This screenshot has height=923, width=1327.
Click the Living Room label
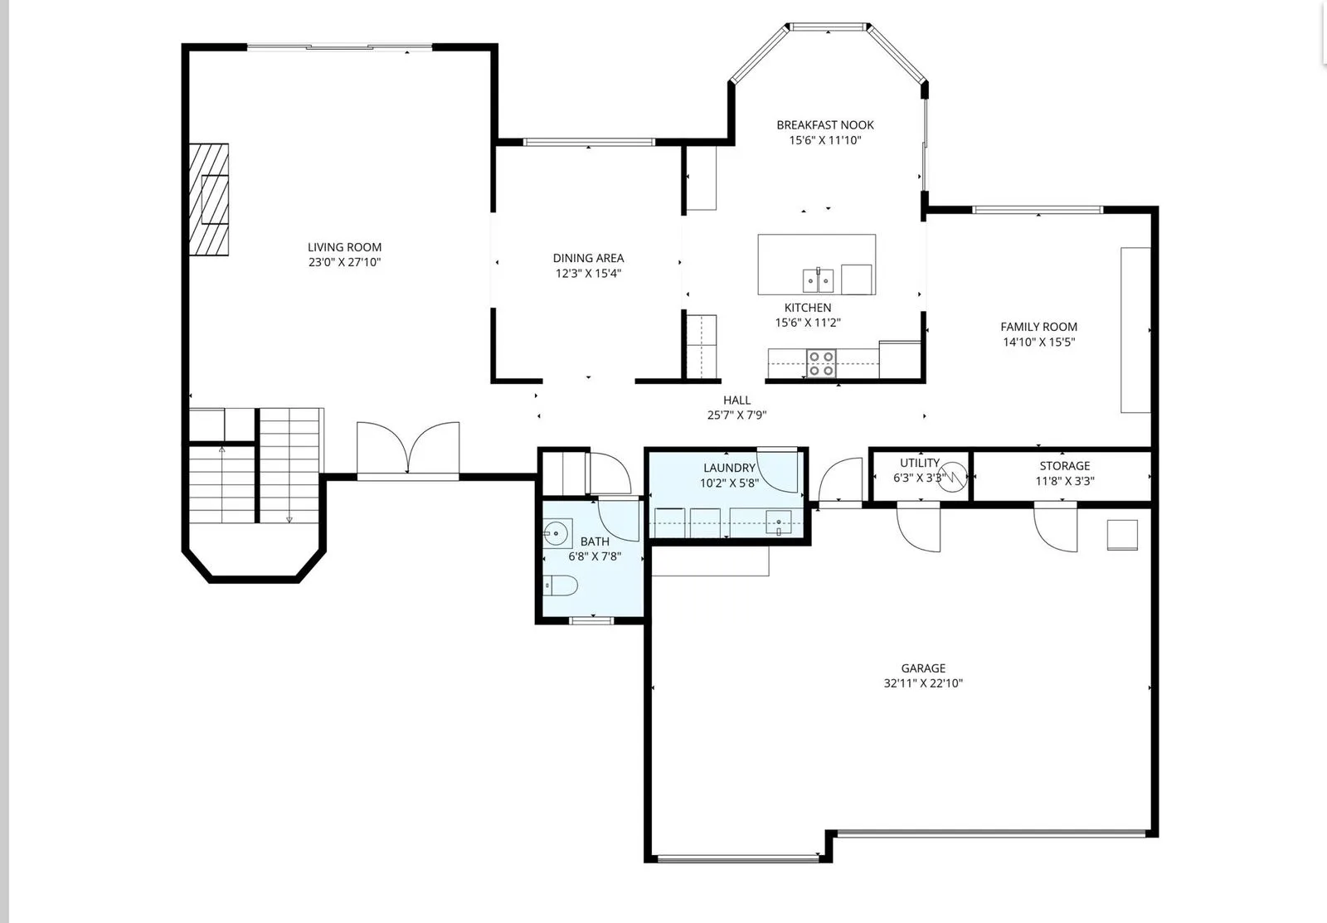(x=344, y=247)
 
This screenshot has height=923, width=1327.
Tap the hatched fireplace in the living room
(x=208, y=200)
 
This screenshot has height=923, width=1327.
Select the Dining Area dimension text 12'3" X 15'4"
(x=588, y=273)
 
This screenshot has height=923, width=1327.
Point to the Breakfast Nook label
(x=825, y=125)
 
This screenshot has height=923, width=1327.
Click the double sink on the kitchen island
(x=818, y=279)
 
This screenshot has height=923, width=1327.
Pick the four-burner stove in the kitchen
(x=821, y=363)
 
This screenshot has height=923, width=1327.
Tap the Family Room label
(x=1038, y=327)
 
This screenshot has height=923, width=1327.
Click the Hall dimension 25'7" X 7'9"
(x=736, y=415)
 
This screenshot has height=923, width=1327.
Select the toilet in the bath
(x=560, y=585)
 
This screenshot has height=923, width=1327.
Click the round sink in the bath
(x=556, y=533)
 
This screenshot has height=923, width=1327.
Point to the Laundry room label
(x=729, y=468)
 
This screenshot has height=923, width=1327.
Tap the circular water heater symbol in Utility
(x=952, y=477)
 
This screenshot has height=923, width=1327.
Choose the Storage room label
(x=1065, y=466)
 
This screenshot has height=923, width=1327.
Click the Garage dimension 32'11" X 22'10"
(x=923, y=683)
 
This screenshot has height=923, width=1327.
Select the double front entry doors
(x=408, y=449)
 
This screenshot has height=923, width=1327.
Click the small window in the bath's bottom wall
(x=592, y=620)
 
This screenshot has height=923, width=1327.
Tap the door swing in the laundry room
(x=777, y=471)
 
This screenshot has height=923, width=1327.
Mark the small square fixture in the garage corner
(x=1123, y=535)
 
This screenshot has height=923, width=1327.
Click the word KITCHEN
(x=808, y=308)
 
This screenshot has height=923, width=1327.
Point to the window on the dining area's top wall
(x=589, y=142)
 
